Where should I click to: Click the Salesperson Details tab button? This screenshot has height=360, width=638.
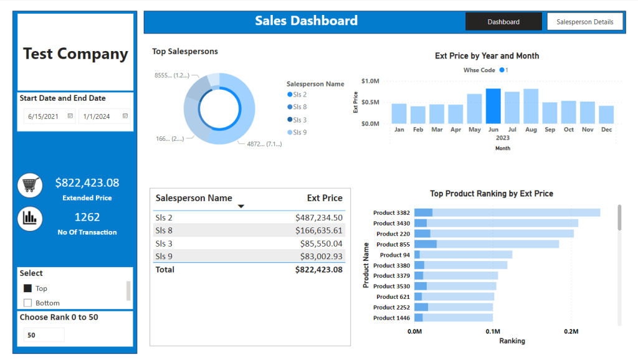pyautogui.click(x=584, y=22)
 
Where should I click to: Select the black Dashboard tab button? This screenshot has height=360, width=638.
pyautogui.click(x=503, y=22)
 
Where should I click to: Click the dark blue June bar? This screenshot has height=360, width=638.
pyautogui.click(x=493, y=106)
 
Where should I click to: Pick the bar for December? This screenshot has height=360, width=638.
pyautogui.click(x=606, y=115)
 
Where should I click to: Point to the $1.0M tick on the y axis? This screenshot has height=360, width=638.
pyautogui.click(x=370, y=81)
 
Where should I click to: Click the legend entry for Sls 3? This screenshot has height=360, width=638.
pyautogui.click(x=297, y=120)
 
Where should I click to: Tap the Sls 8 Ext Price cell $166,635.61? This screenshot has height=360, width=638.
pyautogui.click(x=319, y=230)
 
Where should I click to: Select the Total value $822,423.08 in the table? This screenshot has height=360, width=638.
pyautogui.click(x=319, y=269)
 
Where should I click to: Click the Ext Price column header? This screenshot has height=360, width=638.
pyautogui.click(x=325, y=198)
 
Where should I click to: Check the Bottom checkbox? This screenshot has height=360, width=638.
pyautogui.click(x=27, y=303)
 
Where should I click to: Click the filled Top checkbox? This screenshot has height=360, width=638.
pyautogui.click(x=27, y=288)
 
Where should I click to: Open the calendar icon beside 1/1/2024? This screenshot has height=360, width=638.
pyautogui.click(x=125, y=116)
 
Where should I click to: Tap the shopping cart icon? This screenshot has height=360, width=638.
pyautogui.click(x=30, y=185)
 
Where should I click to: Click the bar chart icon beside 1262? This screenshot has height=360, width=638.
pyautogui.click(x=30, y=219)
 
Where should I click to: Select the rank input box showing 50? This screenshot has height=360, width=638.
pyautogui.click(x=44, y=335)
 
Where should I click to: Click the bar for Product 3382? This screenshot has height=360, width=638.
pyautogui.click(x=507, y=212)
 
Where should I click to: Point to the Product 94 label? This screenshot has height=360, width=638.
pyautogui.click(x=394, y=255)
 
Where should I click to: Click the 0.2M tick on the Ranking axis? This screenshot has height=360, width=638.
pyautogui.click(x=571, y=331)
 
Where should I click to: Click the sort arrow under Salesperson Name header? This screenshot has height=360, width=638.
pyautogui.click(x=241, y=206)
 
